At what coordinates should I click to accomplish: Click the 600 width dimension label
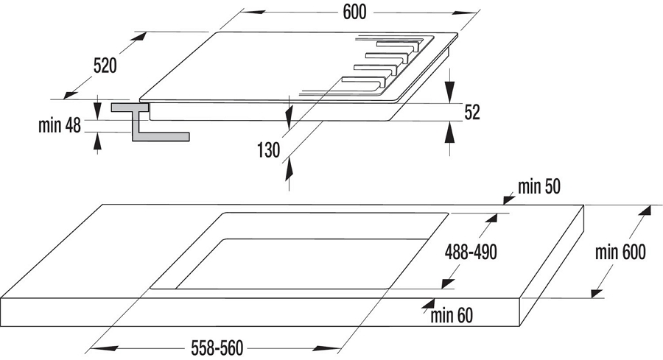click(x=354, y=13)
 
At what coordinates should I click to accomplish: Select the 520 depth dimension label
click(x=105, y=66)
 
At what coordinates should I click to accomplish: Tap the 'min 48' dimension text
click(x=60, y=125)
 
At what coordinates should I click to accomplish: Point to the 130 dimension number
click(x=268, y=149)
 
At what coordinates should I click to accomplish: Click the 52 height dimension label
click(x=472, y=113)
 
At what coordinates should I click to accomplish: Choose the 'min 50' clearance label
click(x=539, y=186)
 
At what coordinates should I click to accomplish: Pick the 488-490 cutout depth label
click(x=471, y=253)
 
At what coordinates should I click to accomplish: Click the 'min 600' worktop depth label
click(x=620, y=253)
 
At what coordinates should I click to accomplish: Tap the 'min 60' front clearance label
click(x=452, y=316)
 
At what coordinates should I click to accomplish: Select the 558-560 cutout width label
click(x=217, y=348)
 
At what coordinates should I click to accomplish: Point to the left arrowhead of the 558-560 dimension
click(x=105, y=348)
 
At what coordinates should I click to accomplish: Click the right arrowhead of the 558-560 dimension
click(x=327, y=349)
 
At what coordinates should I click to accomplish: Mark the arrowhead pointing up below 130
click(x=290, y=167)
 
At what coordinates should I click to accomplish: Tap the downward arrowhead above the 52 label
click(x=450, y=90)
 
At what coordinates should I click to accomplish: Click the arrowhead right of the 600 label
click(x=465, y=13)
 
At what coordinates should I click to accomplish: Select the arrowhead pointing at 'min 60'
click(x=429, y=304)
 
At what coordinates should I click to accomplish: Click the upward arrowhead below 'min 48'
click(x=98, y=141)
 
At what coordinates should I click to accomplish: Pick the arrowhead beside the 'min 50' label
click(x=508, y=199)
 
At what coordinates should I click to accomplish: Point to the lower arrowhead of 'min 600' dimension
click(x=597, y=292)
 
